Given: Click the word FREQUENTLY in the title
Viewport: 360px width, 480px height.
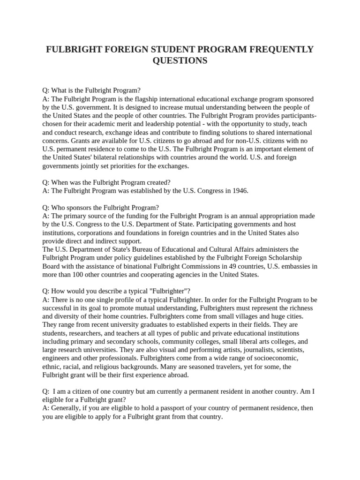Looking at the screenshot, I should [278, 50].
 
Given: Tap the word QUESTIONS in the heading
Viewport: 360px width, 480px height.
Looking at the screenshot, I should [180, 61].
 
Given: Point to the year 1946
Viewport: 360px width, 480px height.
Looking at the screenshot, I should [240, 191].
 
